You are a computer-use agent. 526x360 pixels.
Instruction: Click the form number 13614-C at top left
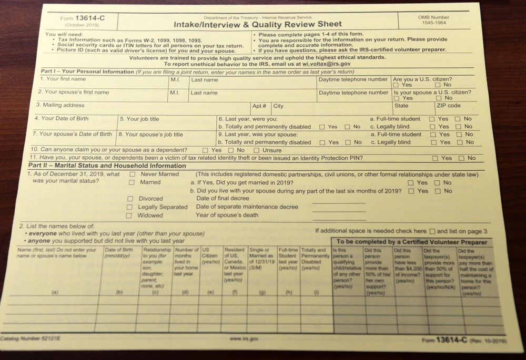(x=89, y=18)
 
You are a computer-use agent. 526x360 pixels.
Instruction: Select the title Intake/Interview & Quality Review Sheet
(x=258, y=24)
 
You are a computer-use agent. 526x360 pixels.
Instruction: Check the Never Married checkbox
(x=133, y=174)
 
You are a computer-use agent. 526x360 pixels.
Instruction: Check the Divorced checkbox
(x=130, y=199)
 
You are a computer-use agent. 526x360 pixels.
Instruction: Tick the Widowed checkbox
(x=129, y=215)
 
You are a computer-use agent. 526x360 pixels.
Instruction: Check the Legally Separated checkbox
(x=129, y=208)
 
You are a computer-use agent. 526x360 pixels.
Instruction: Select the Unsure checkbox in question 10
(x=257, y=150)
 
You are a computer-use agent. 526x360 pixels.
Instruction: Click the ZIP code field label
(x=448, y=106)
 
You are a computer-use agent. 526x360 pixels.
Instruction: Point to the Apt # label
(x=259, y=106)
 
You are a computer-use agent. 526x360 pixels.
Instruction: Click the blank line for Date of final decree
(x=338, y=201)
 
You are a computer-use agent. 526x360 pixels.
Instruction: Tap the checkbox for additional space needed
(x=432, y=231)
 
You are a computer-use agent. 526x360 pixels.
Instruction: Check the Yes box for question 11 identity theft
(x=434, y=158)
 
